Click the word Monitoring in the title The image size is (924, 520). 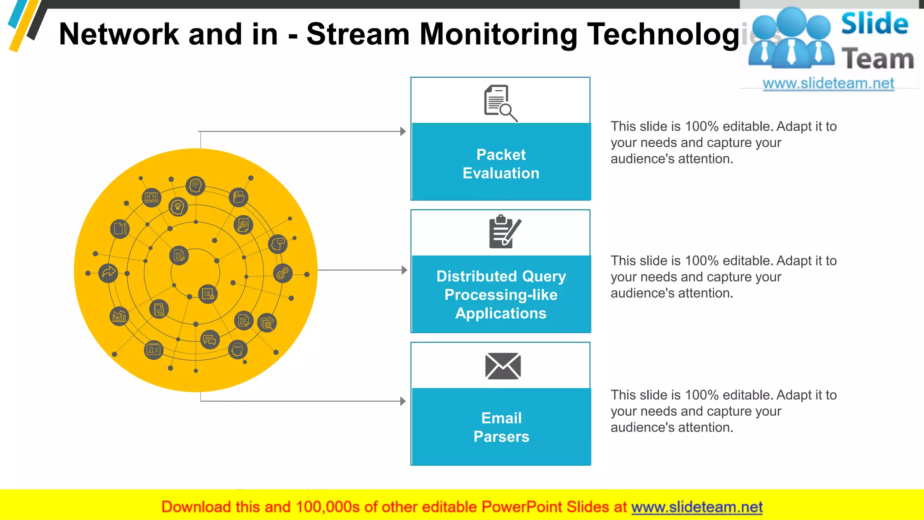[x=498, y=34]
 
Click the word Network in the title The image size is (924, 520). [x=119, y=34]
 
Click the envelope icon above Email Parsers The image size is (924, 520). [x=503, y=366]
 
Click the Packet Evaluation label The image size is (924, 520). [x=501, y=164]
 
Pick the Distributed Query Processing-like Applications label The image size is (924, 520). [x=501, y=295]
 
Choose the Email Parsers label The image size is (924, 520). [x=501, y=427]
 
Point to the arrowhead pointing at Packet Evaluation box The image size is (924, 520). [x=403, y=131]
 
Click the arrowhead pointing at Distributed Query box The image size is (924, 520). [x=404, y=270]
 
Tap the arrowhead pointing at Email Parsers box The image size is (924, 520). [x=403, y=401]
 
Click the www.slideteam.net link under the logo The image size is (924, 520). [x=828, y=84]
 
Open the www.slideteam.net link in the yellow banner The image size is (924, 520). [x=697, y=507]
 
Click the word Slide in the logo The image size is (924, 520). [x=874, y=24]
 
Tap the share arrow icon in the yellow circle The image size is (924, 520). [x=108, y=273]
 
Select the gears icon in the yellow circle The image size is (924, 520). [x=283, y=273]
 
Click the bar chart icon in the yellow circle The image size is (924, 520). [x=119, y=316]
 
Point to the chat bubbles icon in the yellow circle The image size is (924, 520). [x=210, y=340]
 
